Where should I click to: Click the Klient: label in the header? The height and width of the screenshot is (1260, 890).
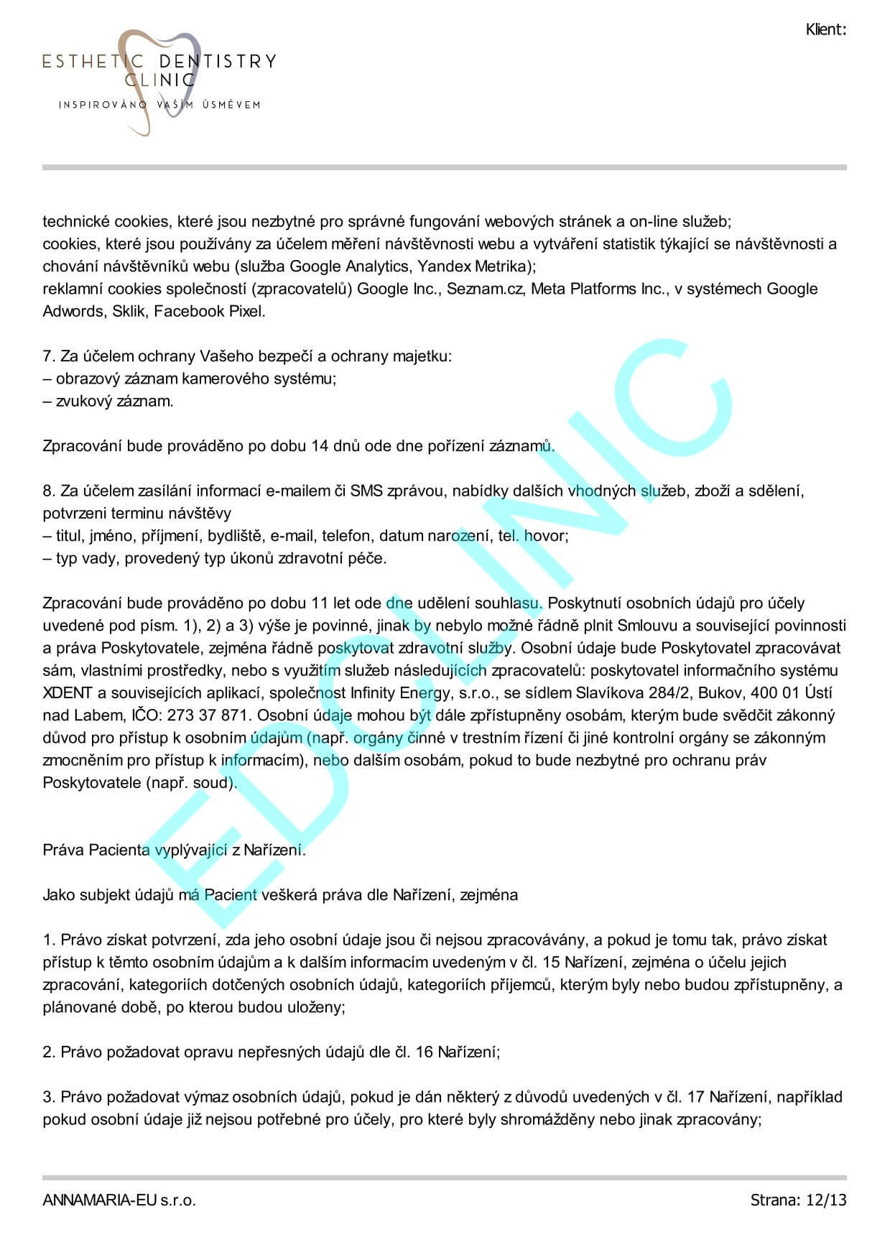click(x=825, y=29)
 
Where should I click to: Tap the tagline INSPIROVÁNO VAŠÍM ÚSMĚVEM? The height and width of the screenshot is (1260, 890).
click(x=159, y=105)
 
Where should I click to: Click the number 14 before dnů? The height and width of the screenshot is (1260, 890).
click(x=320, y=446)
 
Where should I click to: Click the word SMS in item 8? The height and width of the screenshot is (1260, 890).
click(x=366, y=491)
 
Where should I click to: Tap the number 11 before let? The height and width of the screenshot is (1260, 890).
click(x=320, y=603)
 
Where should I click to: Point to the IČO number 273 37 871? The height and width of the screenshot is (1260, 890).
click(x=213, y=715)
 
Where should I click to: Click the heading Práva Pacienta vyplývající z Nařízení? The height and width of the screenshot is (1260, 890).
click(x=174, y=850)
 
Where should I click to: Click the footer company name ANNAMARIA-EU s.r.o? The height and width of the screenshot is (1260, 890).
click(x=119, y=1200)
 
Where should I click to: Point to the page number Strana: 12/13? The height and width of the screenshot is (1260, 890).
click(x=798, y=1200)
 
